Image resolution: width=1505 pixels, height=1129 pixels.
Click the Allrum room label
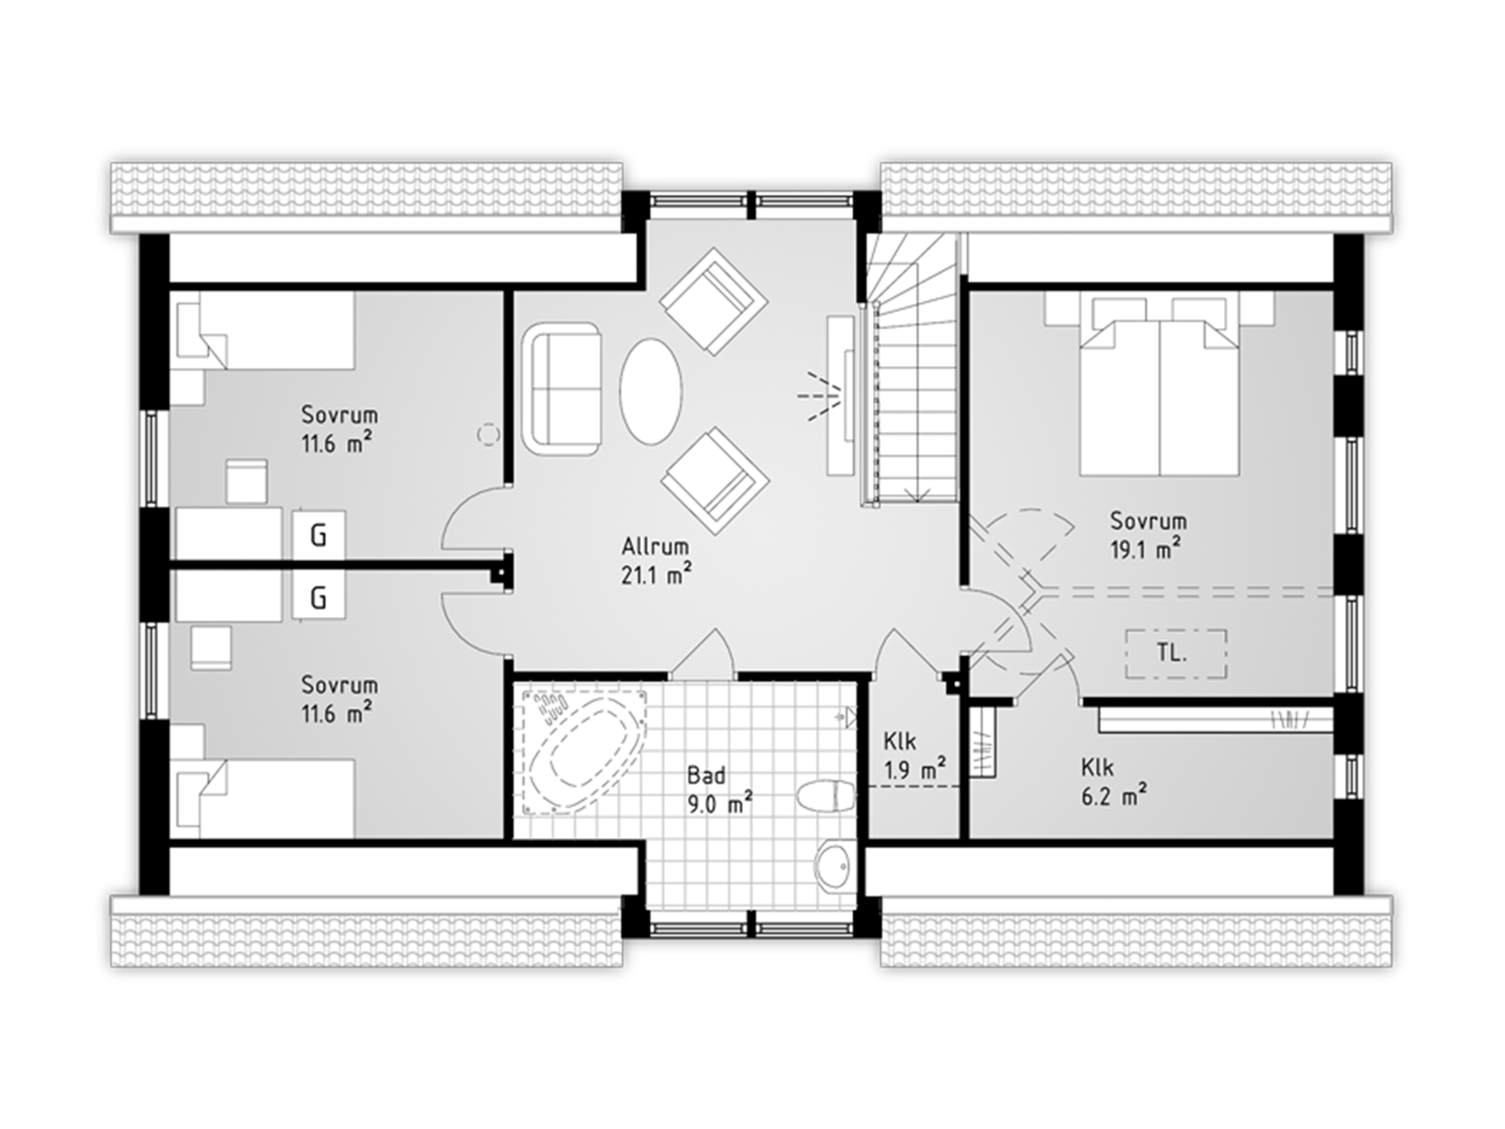click(x=655, y=546)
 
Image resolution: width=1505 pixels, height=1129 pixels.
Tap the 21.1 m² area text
click(x=656, y=575)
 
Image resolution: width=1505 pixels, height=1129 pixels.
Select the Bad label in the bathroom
click(x=706, y=775)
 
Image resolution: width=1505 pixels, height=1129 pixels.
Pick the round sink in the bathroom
click(x=834, y=866)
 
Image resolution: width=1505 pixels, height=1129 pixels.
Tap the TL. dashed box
click(x=1175, y=654)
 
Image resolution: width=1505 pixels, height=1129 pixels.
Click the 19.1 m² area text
click(x=1146, y=549)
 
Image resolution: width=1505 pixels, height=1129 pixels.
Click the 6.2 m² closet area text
click(x=1114, y=796)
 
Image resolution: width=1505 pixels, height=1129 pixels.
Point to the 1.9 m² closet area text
click(x=914, y=770)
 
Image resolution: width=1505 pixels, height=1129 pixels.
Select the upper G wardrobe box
click(x=318, y=535)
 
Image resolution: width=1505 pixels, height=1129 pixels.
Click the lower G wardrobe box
click(x=318, y=598)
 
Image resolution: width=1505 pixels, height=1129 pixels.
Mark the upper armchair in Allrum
click(x=714, y=301)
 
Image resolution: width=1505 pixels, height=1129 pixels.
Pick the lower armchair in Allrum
click(x=715, y=481)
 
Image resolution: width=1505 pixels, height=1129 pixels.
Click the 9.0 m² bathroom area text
click(x=719, y=804)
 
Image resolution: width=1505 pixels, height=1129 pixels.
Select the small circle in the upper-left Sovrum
click(x=488, y=433)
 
